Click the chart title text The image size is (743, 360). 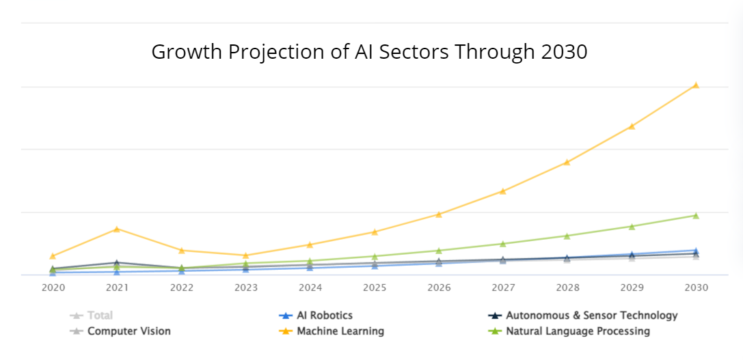[369, 52]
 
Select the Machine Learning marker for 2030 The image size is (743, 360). [696, 85]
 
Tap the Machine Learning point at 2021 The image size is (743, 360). [117, 229]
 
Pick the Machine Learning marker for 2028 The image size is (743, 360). [567, 163]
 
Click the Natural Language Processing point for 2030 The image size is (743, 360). [696, 216]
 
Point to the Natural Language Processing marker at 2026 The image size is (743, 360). [439, 251]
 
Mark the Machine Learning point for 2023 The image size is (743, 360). [245, 255]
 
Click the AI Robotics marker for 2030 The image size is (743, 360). [696, 251]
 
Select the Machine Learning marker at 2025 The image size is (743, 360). [374, 232]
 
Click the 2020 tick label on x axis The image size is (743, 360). [53, 288]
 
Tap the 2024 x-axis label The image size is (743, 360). [310, 288]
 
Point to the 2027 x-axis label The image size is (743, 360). [502, 288]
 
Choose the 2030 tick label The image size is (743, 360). [696, 288]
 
